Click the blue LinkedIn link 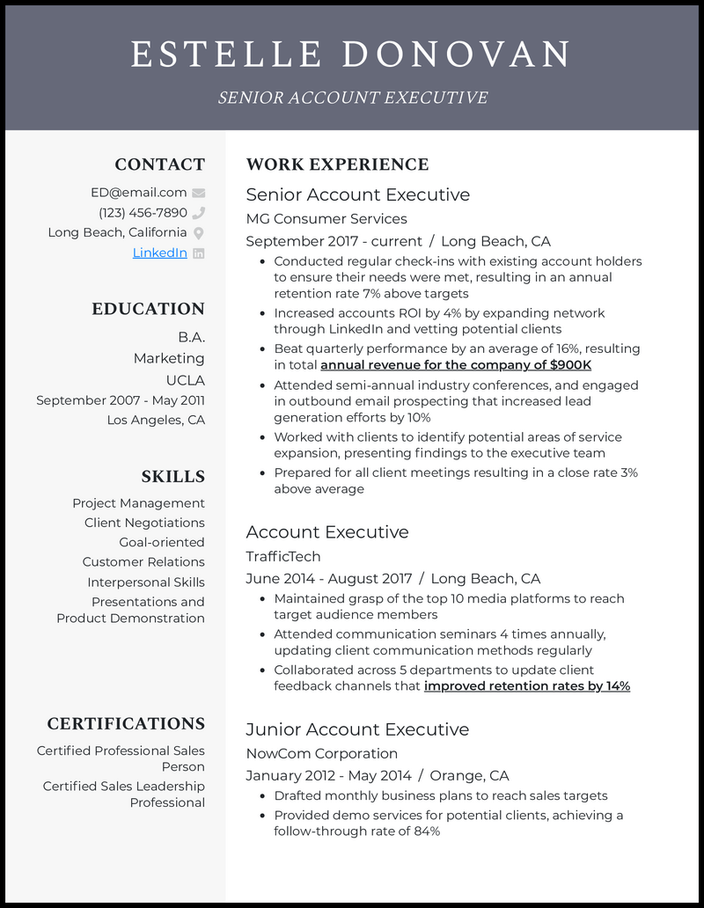pyautogui.click(x=159, y=253)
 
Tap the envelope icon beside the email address pyautogui.click(x=198, y=193)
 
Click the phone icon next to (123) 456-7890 pyautogui.click(x=198, y=213)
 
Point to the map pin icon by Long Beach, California pyautogui.click(x=198, y=233)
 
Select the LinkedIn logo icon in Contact pyautogui.click(x=198, y=253)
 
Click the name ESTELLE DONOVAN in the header pyautogui.click(x=351, y=55)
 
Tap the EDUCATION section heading pyautogui.click(x=148, y=309)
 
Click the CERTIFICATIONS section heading pyautogui.click(x=126, y=724)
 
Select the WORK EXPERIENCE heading pyautogui.click(x=337, y=165)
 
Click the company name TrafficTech pyautogui.click(x=282, y=556)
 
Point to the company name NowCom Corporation pyautogui.click(x=321, y=753)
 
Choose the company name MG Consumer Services pyautogui.click(x=326, y=218)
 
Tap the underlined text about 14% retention pyautogui.click(x=526, y=686)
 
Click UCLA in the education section pyautogui.click(x=185, y=380)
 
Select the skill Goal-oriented pyautogui.click(x=162, y=542)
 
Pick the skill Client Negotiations pyautogui.click(x=144, y=523)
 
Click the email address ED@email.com pyautogui.click(x=138, y=193)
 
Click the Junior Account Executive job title pyautogui.click(x=357, y=729)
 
